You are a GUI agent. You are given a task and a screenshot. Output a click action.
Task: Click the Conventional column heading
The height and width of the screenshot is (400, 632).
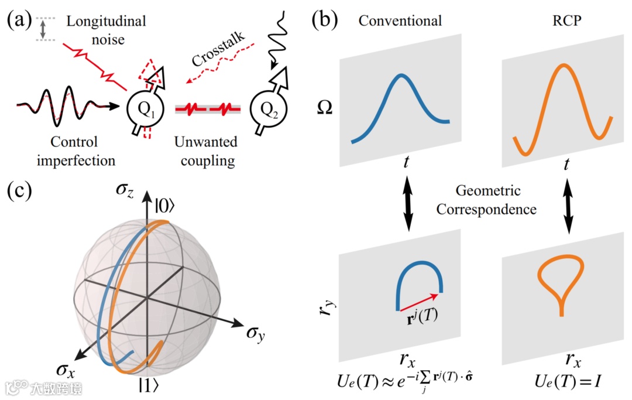pos(400,22)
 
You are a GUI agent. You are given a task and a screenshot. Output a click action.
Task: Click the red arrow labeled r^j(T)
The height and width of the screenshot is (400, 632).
pos(418,301)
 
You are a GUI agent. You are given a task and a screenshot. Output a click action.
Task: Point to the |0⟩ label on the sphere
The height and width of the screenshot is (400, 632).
pos(166,209)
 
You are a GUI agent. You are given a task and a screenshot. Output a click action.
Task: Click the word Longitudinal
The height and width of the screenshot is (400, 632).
pos(106,22)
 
